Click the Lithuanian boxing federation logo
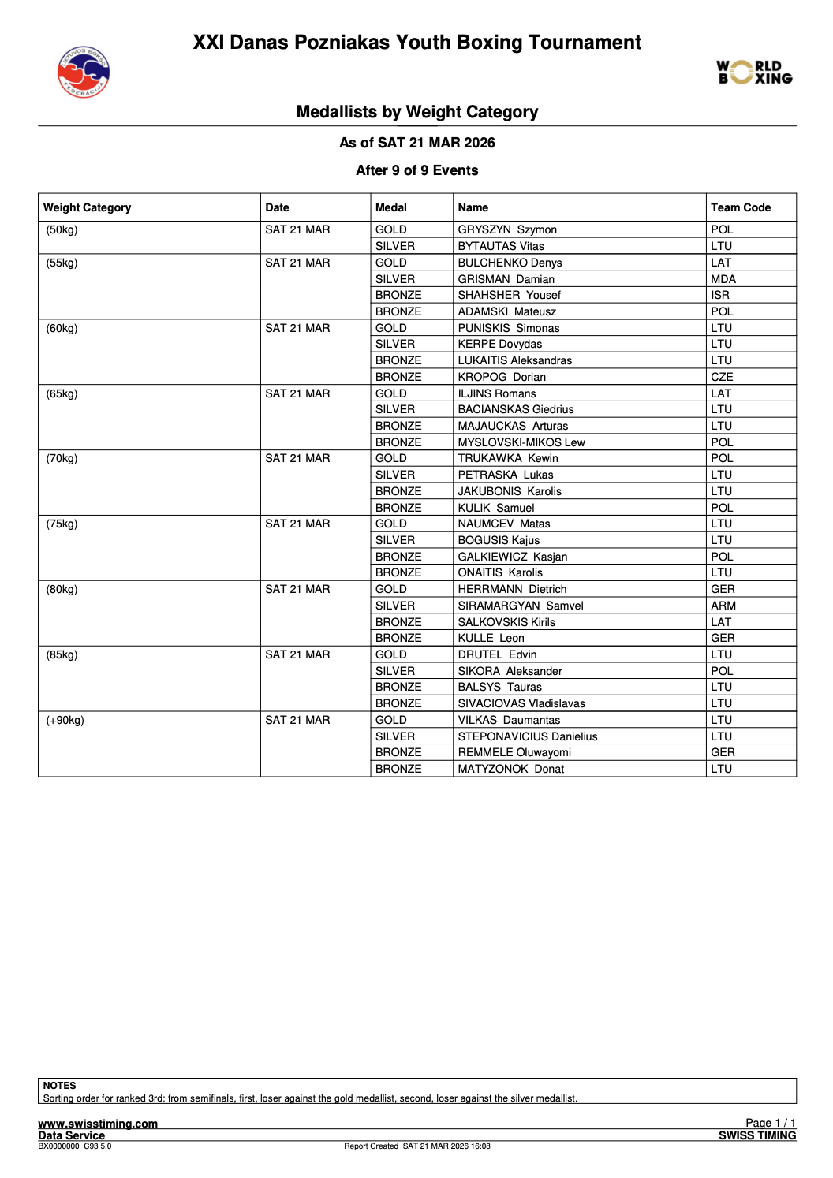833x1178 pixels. pos(84,72)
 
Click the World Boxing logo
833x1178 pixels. pos(754,72)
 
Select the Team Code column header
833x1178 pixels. pos(740,207)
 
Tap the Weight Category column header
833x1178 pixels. pos(87,207)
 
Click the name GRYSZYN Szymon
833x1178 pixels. pos(507,229)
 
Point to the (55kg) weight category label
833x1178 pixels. pos(62,263)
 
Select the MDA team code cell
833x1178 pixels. pos(723,279)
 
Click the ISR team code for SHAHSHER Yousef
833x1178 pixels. pos(720,295)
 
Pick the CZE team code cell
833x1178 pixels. pos(722,377)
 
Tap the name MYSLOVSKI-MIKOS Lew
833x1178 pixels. pos(521,442)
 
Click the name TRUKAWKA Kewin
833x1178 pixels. pos(508,458)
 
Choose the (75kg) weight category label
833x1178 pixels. pos(62,524)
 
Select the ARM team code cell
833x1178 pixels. pos(723,606)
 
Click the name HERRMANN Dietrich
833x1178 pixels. pos(512,589)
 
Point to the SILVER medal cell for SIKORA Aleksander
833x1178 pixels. pos(394,671)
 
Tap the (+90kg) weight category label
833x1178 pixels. pos(65,720)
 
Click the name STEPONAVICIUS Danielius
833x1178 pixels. pos(528,736)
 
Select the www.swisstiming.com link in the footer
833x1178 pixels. pos(98,1124)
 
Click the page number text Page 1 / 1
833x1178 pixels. pos(770,1123)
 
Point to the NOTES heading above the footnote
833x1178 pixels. pos(59,1086)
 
